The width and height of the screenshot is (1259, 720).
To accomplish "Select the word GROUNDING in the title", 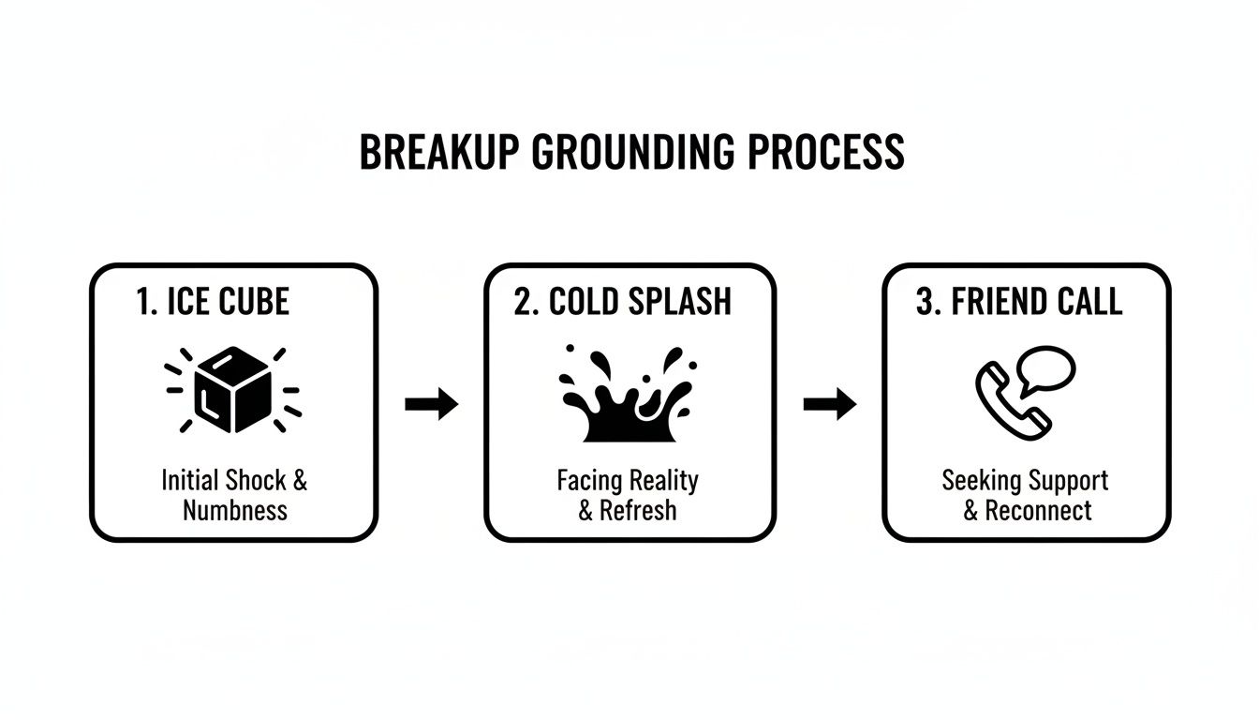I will point(633,153).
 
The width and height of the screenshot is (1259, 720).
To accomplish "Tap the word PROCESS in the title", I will point(827,153).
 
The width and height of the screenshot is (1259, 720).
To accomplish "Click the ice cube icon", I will point(233,389).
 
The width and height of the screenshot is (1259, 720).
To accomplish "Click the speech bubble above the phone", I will point(1045,368).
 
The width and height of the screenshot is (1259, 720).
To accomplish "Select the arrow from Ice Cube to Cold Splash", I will point(431,405).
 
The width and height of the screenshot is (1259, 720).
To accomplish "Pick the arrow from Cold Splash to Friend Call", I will point(830,405).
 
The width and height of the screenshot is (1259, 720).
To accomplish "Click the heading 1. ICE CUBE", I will point(213,302).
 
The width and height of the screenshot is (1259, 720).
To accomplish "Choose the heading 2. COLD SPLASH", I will point(622,302).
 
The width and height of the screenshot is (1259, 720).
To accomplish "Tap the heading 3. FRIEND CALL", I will point(1019,302).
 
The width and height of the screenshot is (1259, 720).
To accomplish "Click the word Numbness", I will point(234,511).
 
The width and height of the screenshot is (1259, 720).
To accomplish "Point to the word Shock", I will point(257,481).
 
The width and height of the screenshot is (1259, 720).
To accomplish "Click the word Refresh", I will point(637,511).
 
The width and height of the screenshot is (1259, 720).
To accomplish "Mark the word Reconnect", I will point(1037,511).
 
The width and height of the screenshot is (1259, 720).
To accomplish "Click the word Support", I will point(1069,481).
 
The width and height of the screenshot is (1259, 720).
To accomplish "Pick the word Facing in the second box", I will point(589,481).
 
